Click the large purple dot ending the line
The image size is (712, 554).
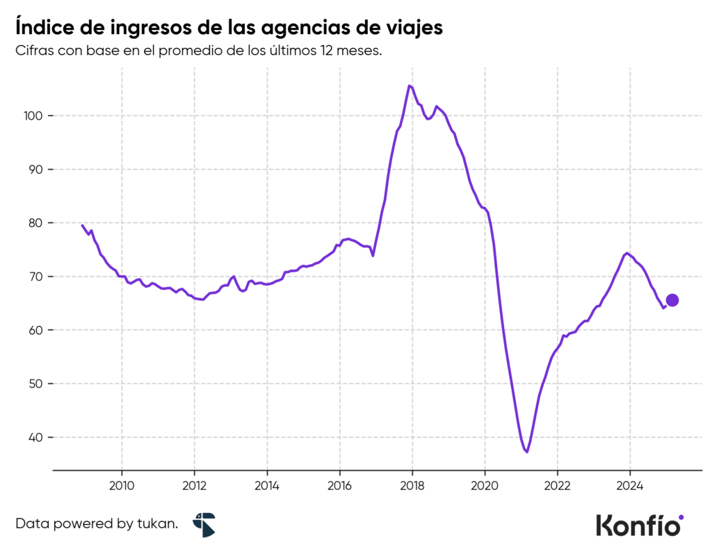coord(672,300)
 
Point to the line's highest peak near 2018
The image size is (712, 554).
coord(410,86)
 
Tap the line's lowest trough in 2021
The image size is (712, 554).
coord(527,452)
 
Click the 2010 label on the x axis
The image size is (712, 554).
coord(122,484)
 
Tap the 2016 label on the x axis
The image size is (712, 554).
coord(339,484)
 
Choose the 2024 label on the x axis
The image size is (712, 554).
coord(629,484)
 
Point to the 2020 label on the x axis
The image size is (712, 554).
coord(485,484)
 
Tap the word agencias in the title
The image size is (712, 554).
coord(314,29)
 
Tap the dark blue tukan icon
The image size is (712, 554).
coord(204,525)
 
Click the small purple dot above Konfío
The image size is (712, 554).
coord(681,516)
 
